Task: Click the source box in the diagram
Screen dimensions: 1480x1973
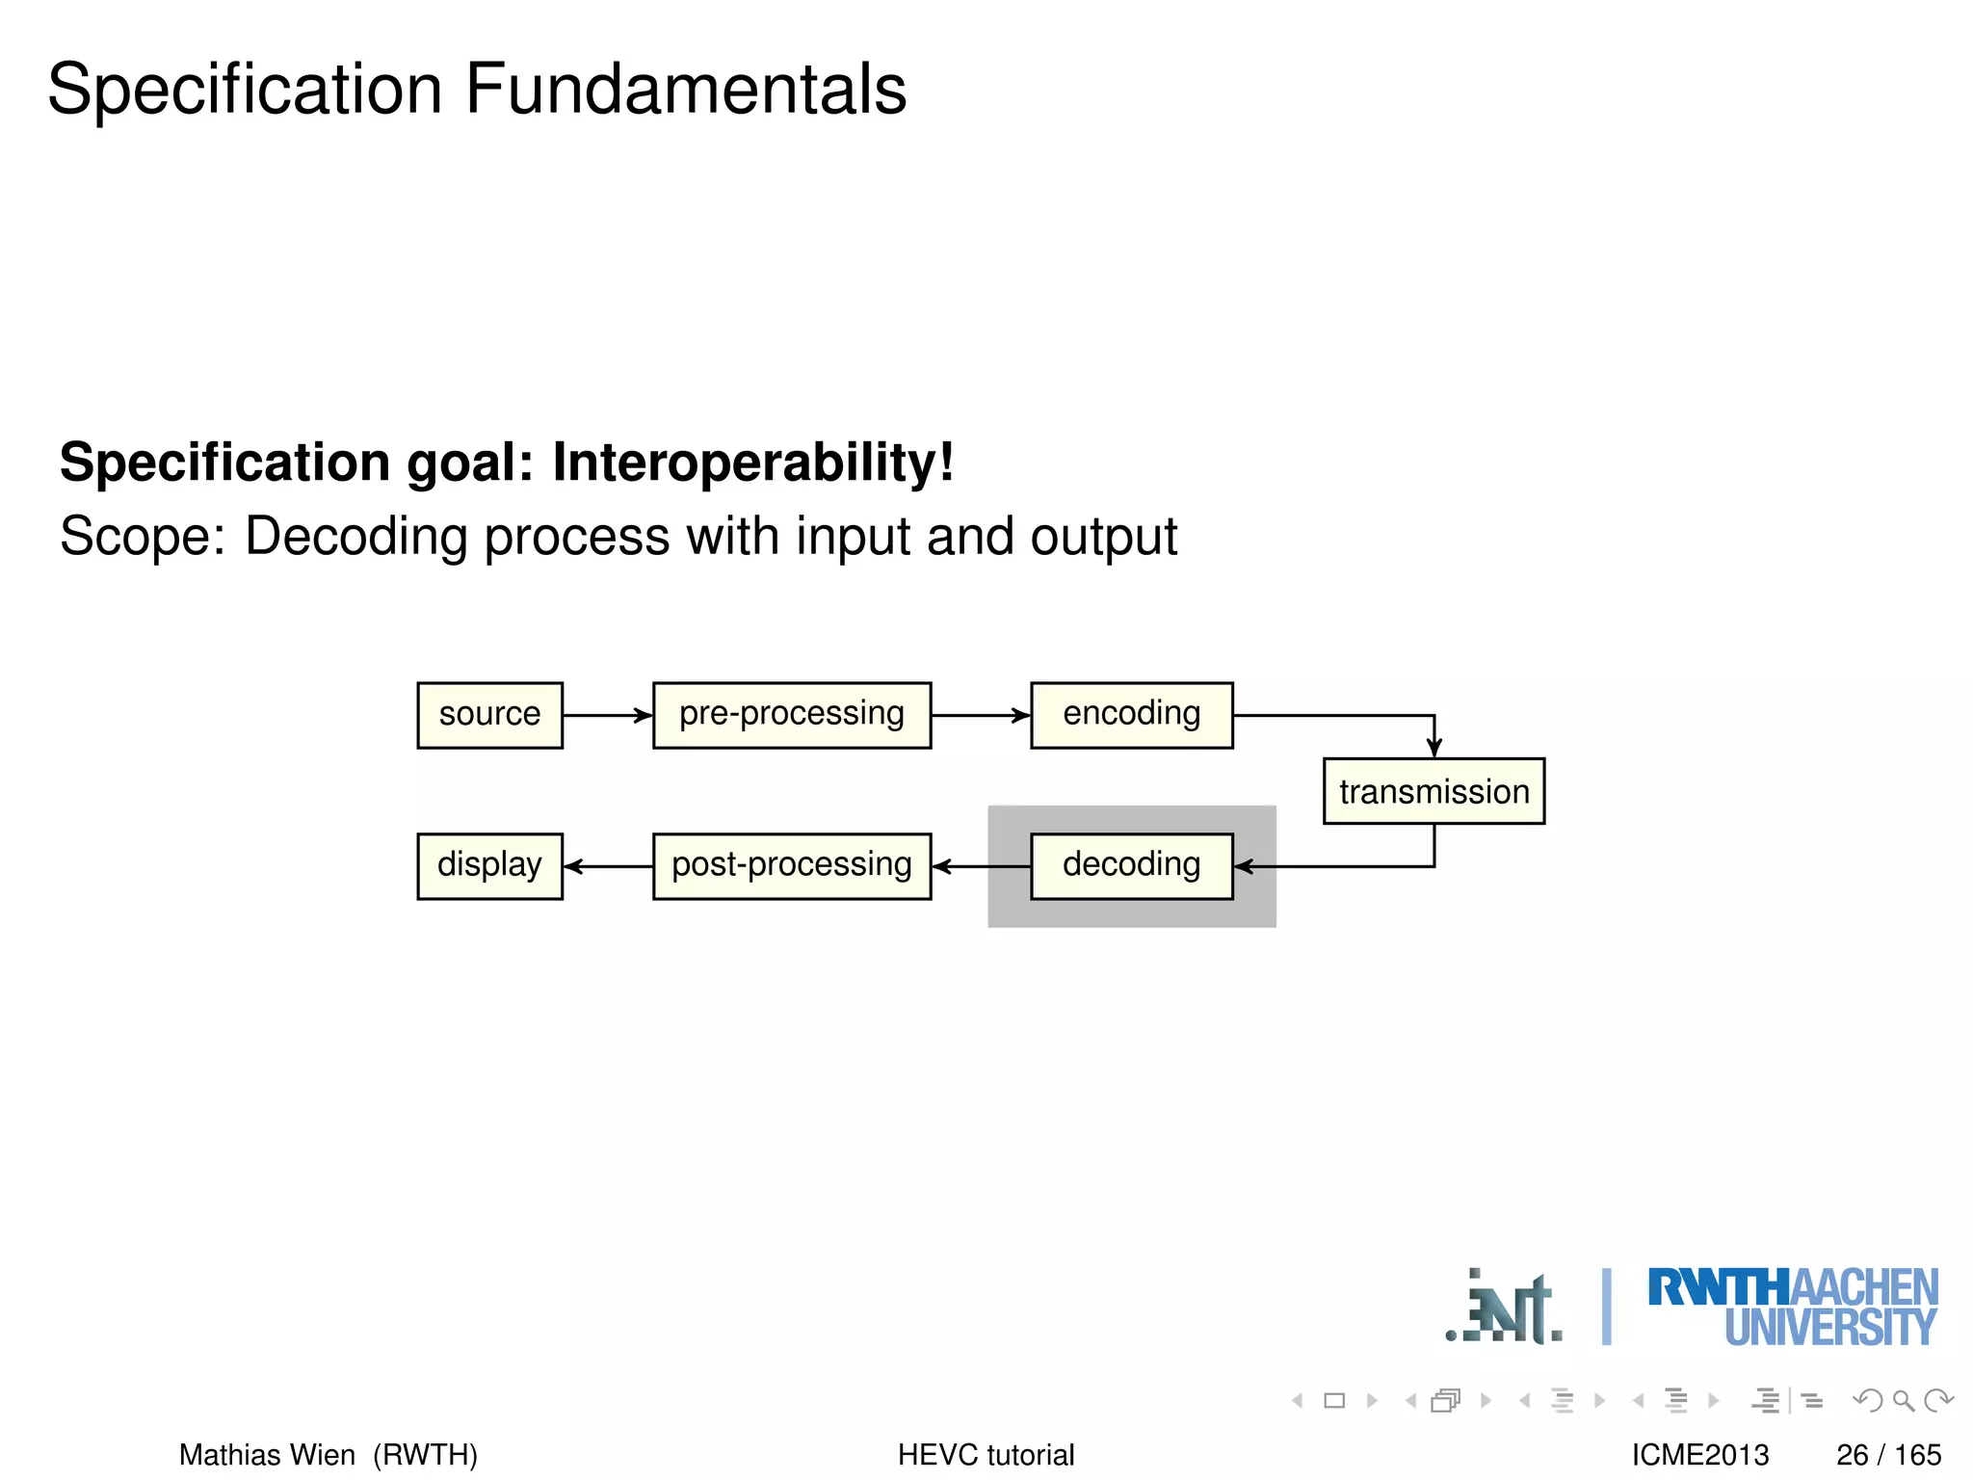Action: pyautogui.click(x=489, y=715)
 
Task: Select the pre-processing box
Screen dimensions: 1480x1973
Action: pyautogui.click(x=792, y=715)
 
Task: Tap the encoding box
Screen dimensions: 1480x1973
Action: pyautogui.click(x=1131, y=715)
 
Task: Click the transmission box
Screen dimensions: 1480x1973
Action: pyautogui.click(x=1434, y=791)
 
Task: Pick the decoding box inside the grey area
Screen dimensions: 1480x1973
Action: pyautogui.click(x=1131, y=865)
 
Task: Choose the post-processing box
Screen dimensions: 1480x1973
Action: pyautogui.click(x=792, y=865)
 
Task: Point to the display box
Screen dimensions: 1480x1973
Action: pyautogui.click(x=489, y=865)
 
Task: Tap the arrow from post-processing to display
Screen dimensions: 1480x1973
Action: pyautogui.click(x=607, y=866)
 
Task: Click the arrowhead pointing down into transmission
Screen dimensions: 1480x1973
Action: pyautogui.click(x=1434, y=747)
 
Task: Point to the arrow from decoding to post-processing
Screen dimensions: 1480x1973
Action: pyautogui.click(x=980, y=866)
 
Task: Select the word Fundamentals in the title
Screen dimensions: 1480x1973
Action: pyautogui.click(x=686, y=89)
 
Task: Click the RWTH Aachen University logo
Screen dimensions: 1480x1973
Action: pyautogui.click(x=1792, y=1307)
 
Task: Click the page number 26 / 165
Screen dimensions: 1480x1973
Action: pyautogui.click(x=1887, y=1454)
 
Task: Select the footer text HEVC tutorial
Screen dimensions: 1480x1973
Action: pyautogui.click(x=986, y=1454)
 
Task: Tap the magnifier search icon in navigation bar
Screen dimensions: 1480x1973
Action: pyautogui.click(x=1903, y=1400)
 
